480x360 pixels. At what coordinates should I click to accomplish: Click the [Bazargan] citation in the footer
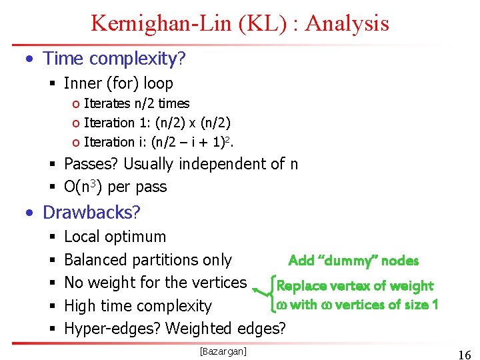click(223, 351)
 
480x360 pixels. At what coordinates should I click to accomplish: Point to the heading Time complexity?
click(114, 59)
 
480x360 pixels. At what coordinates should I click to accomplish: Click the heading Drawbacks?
click(91, 212)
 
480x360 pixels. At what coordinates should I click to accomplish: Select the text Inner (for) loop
click(118, 83)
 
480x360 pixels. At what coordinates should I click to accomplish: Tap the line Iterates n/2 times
click(136, 103)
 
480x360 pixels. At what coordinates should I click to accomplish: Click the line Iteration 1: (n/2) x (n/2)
click(157, 123)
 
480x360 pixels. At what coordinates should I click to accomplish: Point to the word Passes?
click(91, 164)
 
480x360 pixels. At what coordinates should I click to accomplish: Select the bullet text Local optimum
click(115, 237)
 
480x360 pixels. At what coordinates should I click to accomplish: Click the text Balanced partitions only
click(147, 260)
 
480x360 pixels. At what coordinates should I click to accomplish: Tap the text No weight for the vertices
click(155, 282)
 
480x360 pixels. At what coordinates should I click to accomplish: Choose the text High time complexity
click(137, 306)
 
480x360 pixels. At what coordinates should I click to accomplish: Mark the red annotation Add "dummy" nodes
click(353, 261)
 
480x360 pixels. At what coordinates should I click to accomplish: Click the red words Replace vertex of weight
click(355, 286)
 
